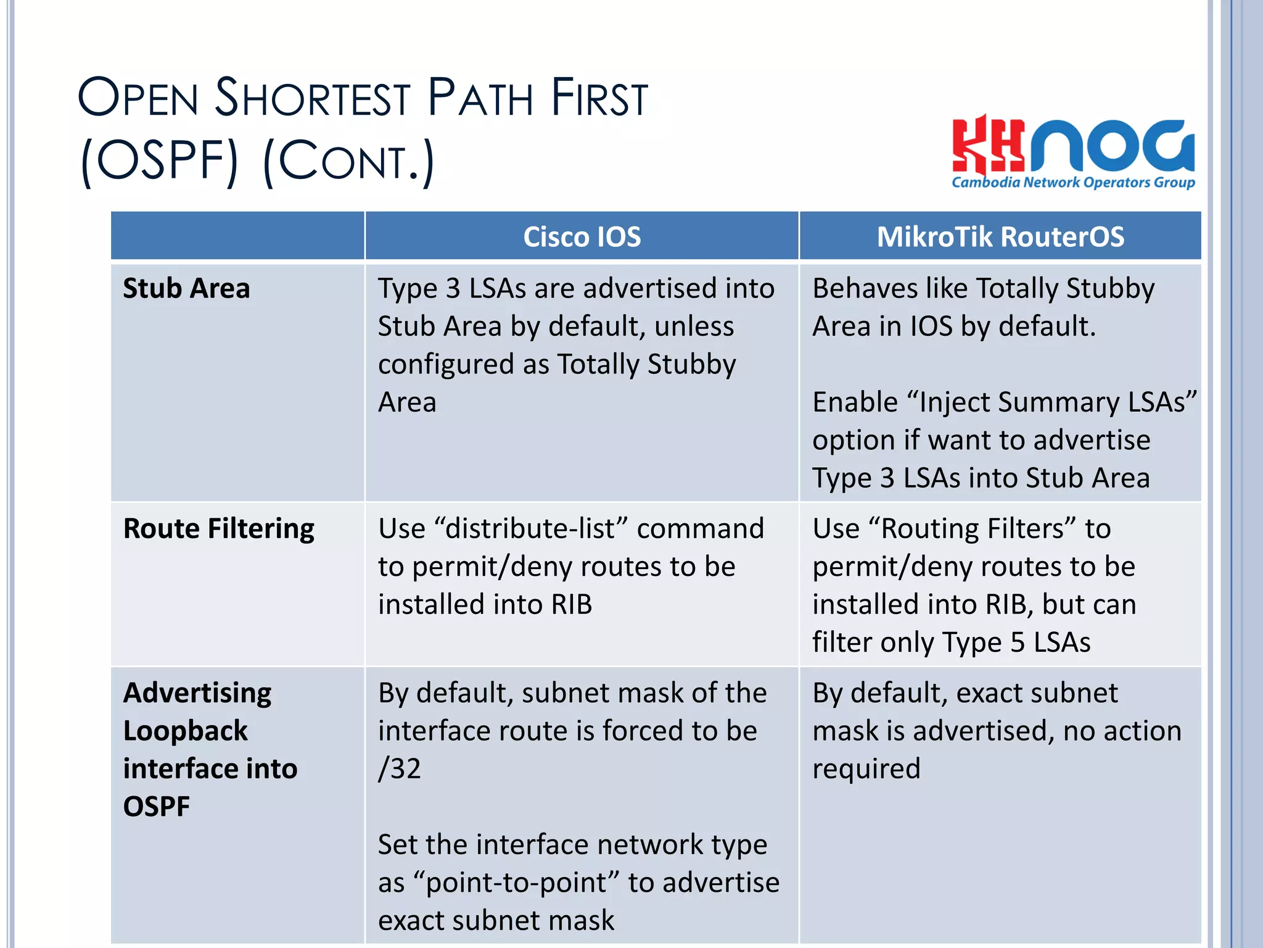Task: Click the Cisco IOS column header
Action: click(582, 237)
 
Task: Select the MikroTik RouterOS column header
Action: click(1000, 237)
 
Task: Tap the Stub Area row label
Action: click(186, 288)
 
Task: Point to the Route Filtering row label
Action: click(218, 529)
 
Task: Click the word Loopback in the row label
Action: click(185, 731)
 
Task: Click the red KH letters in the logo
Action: click(987, 146)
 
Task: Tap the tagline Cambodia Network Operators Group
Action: click(1073, 183)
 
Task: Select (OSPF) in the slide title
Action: click(159, 162)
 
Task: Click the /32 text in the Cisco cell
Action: click(400, 769)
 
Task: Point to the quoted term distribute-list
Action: click(531, 529)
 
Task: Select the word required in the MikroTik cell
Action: click(866, 769)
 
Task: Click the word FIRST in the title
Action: click(599, 99)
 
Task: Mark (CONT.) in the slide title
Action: click(348, 162)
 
